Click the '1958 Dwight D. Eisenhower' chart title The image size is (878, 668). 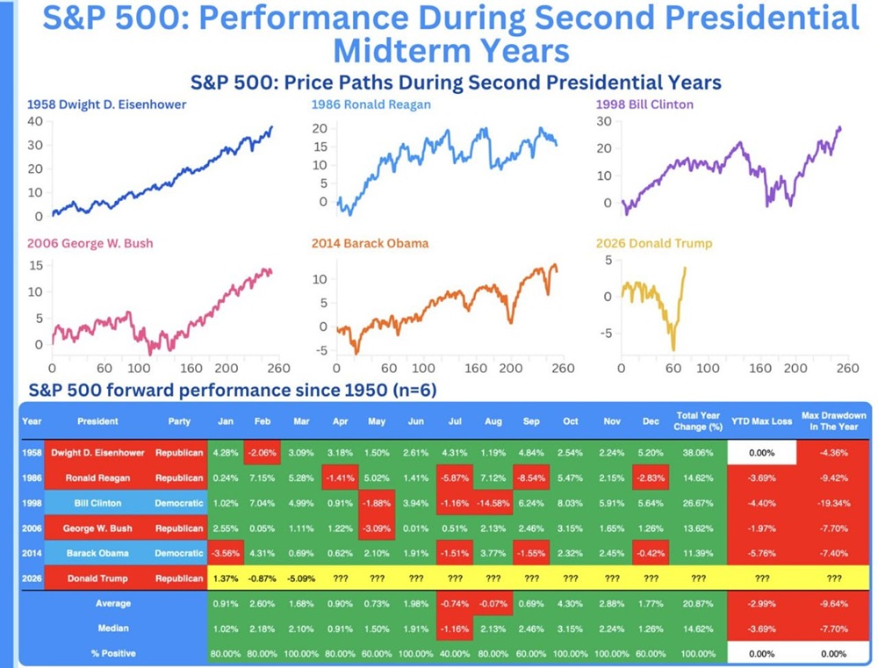pyautogui.click(x=106, y=104)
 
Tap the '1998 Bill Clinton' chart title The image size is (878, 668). pyautogui.click(x=644, y=104)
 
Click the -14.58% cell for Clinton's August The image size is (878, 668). pyautogui.click(x=493, y=504)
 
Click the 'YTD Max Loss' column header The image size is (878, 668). pyautogui.click(x=761, y=421)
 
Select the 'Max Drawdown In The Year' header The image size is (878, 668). pyautogui.click(x=834, y=420)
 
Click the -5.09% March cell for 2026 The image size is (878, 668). pyautogui.click(x=300, y=579)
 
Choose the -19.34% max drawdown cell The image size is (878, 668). pyautogui.click(x=834, y=504)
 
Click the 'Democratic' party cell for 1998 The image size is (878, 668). pyautogui.click(x=179, y=504)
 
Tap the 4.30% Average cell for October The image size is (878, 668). pyautogui.click(x=570, y=604)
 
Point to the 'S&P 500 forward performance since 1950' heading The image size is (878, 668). pyautogui.click(x=233, y=389)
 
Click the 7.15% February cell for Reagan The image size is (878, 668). pyautogui.click(x=262, y=478)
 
